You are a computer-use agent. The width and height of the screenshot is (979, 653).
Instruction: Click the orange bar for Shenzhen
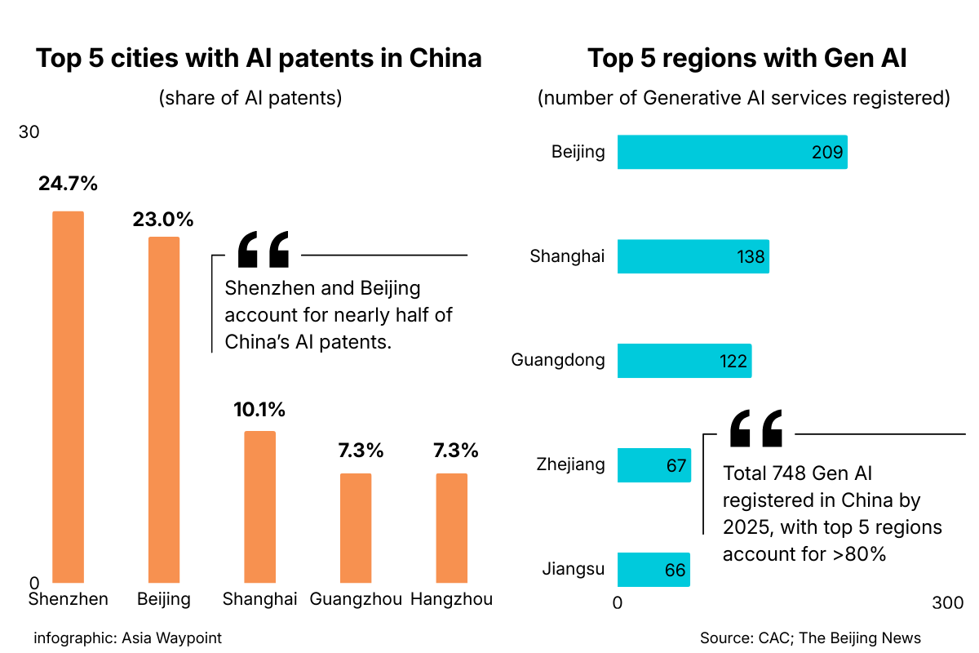(69, 397)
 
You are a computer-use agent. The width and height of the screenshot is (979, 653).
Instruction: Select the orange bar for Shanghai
(260, 506)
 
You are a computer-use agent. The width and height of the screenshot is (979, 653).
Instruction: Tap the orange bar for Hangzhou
(452, 527)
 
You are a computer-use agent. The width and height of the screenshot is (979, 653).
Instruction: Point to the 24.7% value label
(68, 184)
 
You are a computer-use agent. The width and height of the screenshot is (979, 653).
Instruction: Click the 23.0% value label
(163, 219)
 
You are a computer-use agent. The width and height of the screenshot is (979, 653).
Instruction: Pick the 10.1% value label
(259, 410)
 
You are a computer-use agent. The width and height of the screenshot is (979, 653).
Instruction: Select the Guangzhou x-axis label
(356, 599)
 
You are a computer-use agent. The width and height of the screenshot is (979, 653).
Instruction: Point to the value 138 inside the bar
(751, 257)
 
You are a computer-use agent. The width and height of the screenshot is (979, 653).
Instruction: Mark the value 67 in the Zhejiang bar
(676, 466)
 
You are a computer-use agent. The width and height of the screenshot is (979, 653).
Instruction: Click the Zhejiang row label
(571, 464)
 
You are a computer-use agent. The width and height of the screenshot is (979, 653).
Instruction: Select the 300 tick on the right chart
(947, 602)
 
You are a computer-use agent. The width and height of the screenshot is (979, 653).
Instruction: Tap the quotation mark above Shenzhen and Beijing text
(263, 250)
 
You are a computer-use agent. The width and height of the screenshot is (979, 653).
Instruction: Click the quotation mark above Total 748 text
(755, 429)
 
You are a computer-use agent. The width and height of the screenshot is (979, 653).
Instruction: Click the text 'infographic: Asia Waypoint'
(127, 637)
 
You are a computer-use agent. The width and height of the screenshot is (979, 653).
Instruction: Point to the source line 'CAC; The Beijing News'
(810, 637)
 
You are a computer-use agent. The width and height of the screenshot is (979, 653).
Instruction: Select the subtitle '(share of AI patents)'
(250, 98)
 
